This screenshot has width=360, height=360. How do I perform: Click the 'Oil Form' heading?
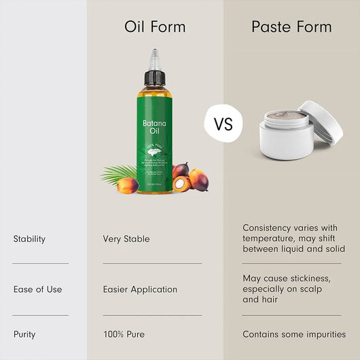click(x=155, y=27)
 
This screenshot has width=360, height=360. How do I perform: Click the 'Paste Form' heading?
click(x=291, y=27)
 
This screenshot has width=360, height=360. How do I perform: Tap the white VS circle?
click(x=223, y=124)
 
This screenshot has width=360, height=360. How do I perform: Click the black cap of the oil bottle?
click(x=155, y=77)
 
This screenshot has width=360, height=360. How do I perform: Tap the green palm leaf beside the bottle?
click(x=117, y=173)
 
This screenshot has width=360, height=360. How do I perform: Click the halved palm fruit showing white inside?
click(x=181, y=183)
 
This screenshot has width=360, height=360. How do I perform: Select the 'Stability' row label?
click(x=29, y=239)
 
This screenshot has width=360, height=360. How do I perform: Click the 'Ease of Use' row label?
click(x=37, y=289)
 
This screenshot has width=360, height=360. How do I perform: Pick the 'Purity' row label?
click(x=24, y=334)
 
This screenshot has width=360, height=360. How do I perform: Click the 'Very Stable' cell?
click(x=126, y=239)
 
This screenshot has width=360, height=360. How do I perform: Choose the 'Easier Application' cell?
click(x=140, y=289)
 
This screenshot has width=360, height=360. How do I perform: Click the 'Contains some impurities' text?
click(x=294, y=334)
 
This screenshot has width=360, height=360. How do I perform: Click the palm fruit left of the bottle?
click(x=128, y=184)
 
